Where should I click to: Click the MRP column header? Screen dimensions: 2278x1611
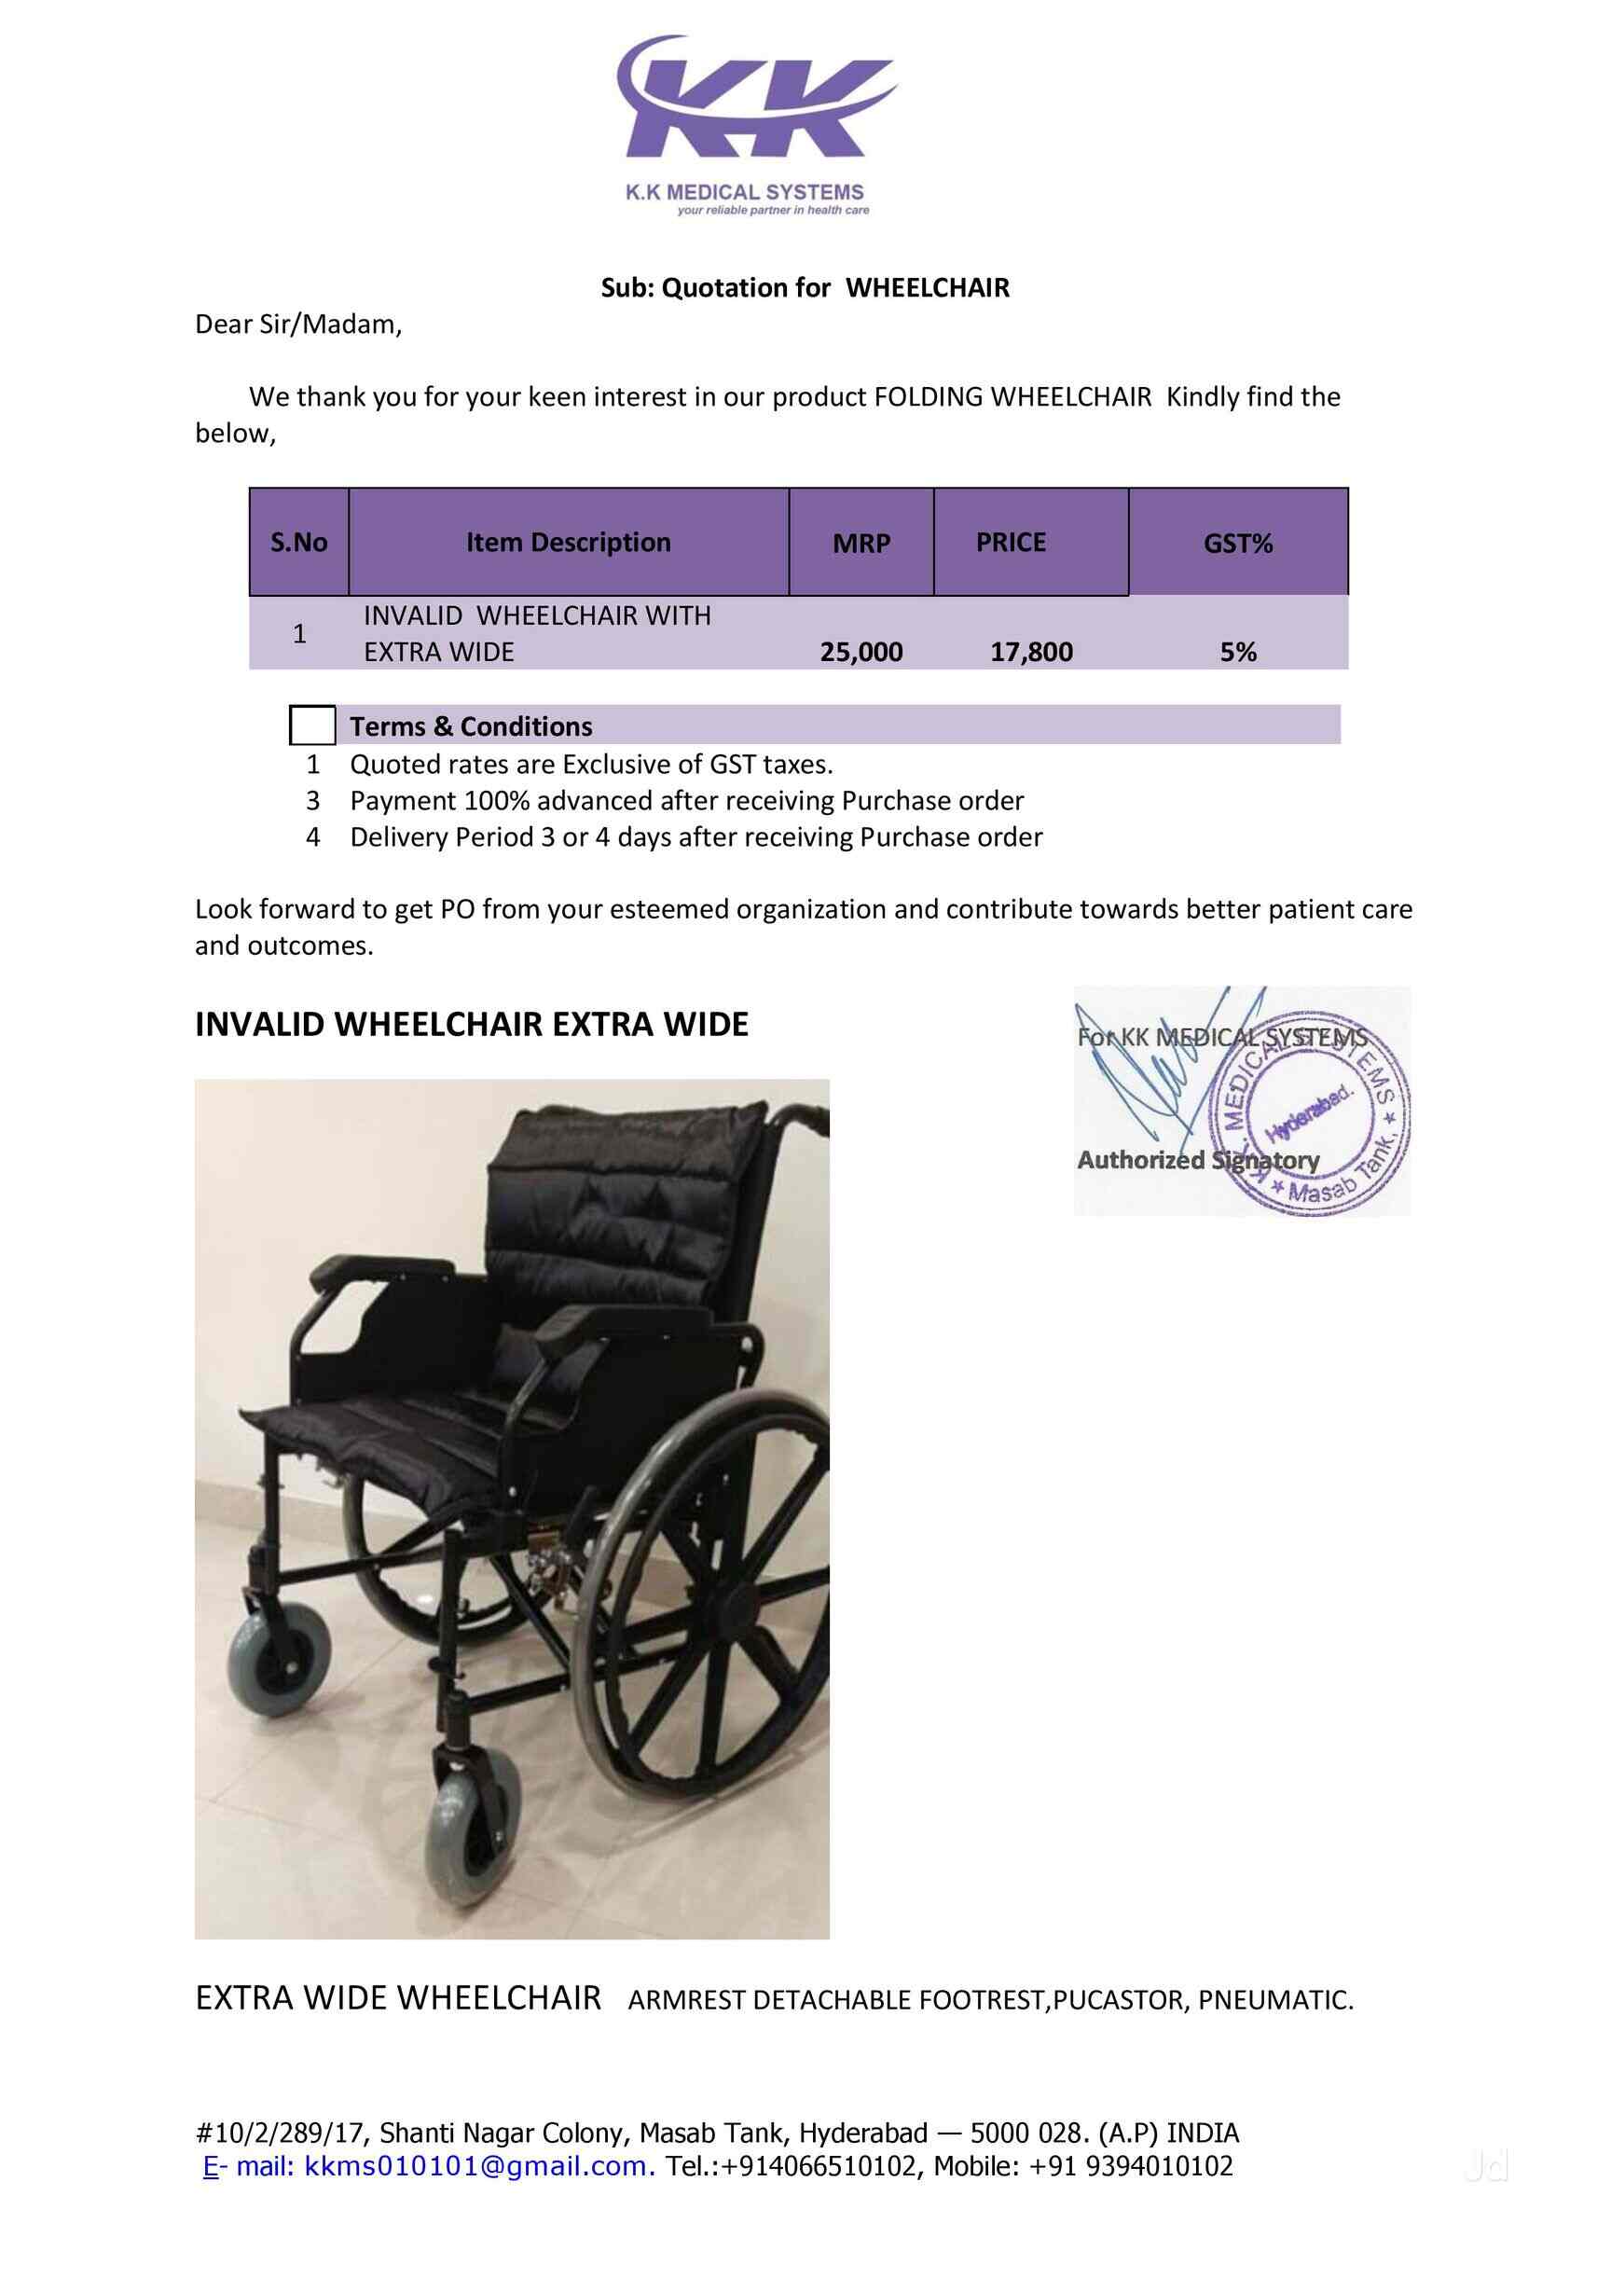click(x=861, y=543)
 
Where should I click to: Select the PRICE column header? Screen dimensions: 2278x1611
click(x=1010, y=542)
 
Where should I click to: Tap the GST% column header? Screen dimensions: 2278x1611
click(x=1237, y=543)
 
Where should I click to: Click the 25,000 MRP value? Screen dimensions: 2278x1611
click(x=861, y=652)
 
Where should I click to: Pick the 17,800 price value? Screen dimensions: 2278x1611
click(x=1031, y=652)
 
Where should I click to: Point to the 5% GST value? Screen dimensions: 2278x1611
click(x=1238, y=652)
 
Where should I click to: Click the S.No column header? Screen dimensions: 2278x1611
click(x=298, y=542)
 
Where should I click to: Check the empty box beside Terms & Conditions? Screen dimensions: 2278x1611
click(x=312, y=725)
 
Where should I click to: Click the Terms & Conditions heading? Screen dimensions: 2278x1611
click(x=470, y=726)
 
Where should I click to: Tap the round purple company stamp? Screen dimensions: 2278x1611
click(x=1312, y=1116)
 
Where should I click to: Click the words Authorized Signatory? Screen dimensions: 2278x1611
click(x=1197, y=1160)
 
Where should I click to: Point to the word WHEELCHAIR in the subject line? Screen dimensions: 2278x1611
click(x=927, y=288)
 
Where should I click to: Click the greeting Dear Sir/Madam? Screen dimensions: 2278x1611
click(x=297, y=324)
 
